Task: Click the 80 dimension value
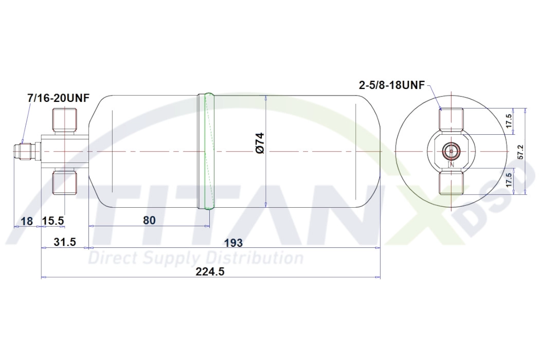pos(149,220)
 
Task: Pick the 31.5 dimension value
pos(65,242)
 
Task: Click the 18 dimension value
pos(27,221)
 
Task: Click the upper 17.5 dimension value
pos(508,122)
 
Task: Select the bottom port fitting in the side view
pos(65,183)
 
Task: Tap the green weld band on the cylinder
pos(207,151)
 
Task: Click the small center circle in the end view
pos(451,151)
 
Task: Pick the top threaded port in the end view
pos(451,119)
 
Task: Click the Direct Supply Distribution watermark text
pos(195,257)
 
